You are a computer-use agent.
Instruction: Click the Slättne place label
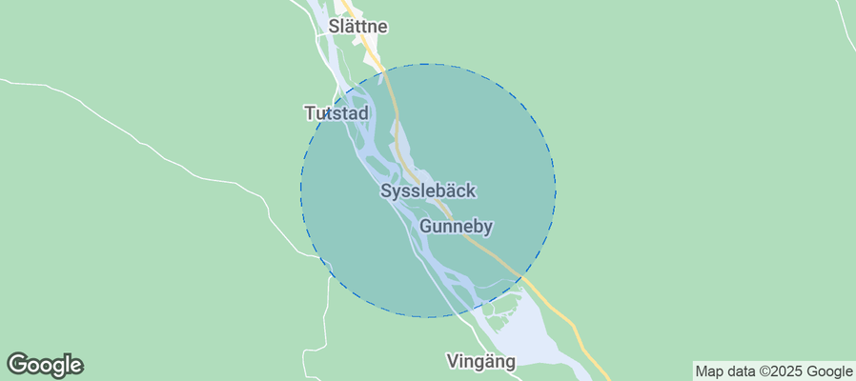357,27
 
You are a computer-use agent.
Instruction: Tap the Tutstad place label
336,113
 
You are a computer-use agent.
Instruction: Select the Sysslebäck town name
428,190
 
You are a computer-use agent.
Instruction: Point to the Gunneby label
456,227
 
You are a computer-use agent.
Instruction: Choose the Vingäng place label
480,361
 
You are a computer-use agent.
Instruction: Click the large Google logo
45,364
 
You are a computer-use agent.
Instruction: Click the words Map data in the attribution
725,371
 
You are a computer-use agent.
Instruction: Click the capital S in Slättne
334,27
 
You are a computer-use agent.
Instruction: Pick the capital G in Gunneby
426,227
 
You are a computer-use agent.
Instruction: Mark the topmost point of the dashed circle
428,64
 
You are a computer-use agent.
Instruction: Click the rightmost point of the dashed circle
556,190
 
